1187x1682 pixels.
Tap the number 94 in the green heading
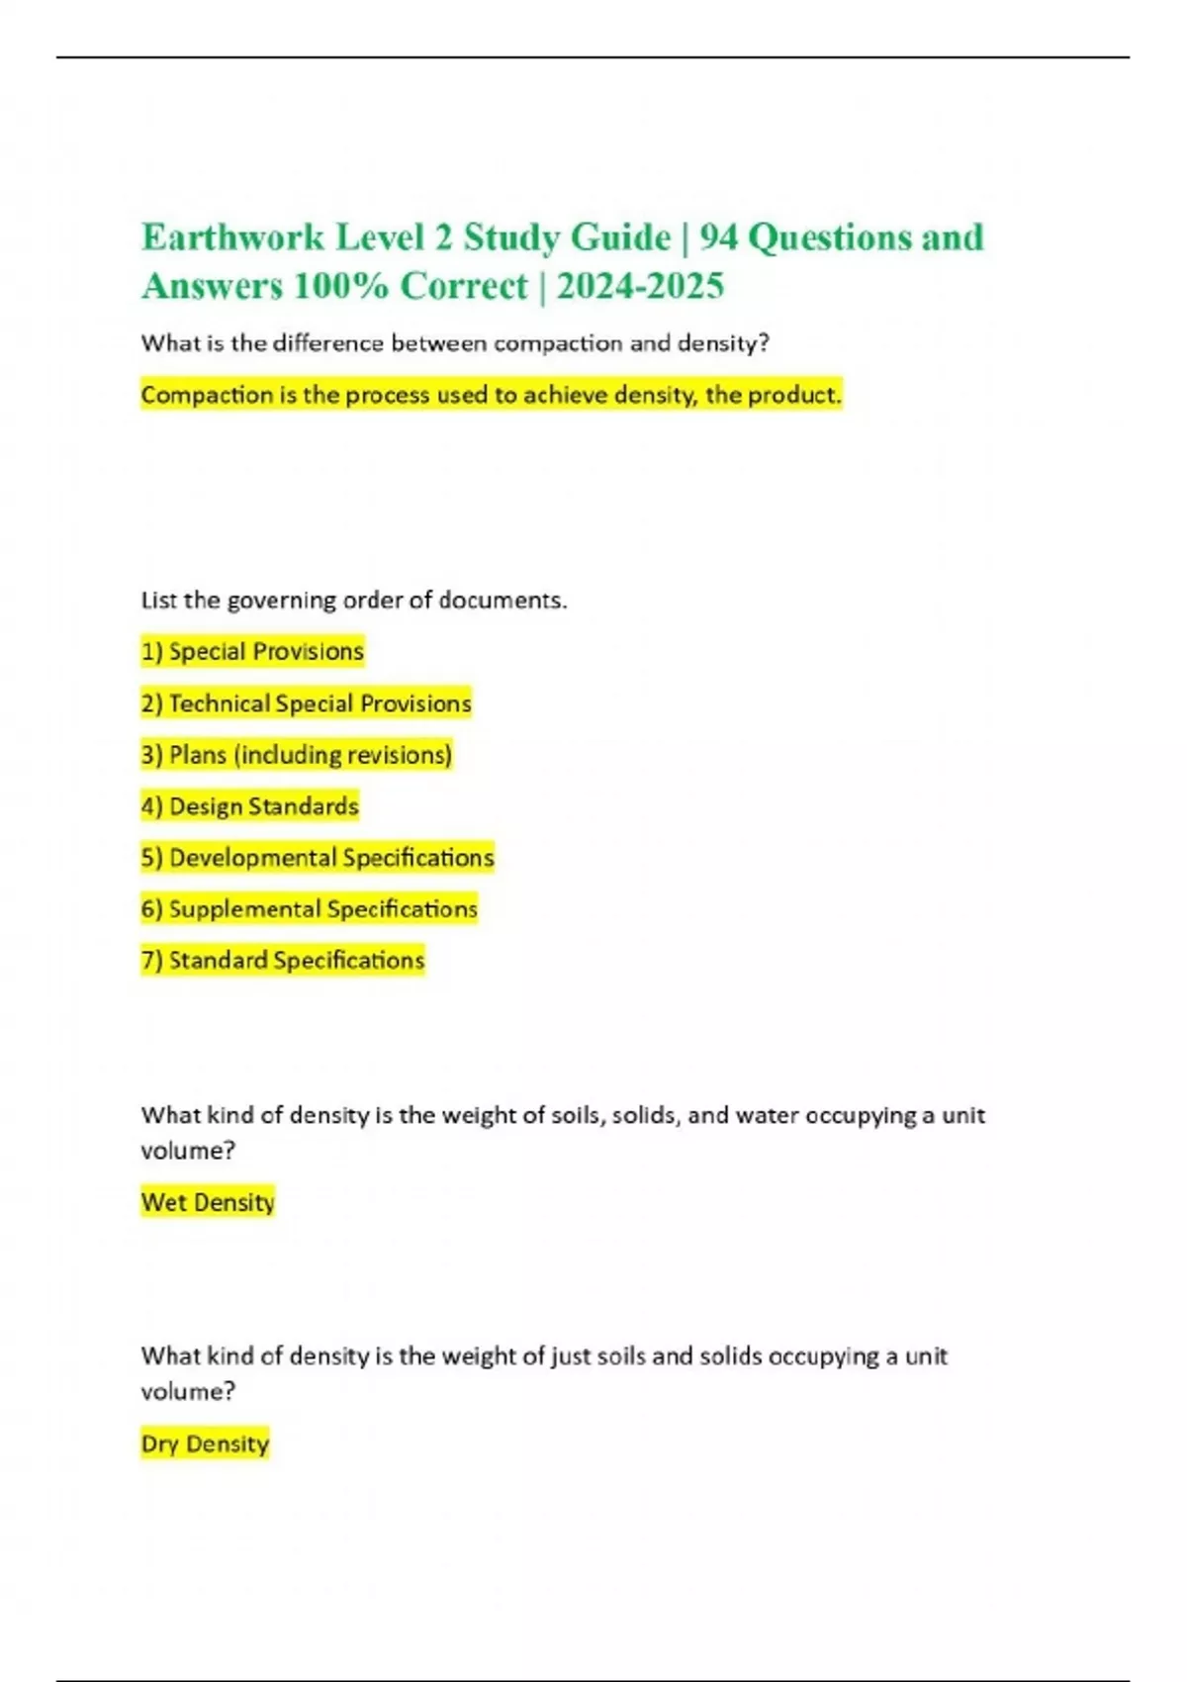pos(717,237)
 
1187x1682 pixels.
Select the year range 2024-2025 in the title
pos(640,286)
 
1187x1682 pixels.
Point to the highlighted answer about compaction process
pos(491,395)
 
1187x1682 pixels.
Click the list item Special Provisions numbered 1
pos(252,651)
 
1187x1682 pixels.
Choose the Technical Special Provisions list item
pos(306,703)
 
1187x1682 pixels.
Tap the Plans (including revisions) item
pos(297,755)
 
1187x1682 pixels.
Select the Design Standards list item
pos(249,806)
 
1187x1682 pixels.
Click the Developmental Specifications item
pos(317,858)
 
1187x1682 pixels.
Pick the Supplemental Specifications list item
pos(309,909)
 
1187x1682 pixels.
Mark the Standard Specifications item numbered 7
pos(282,960)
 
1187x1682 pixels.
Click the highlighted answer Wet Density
pos(208,1202)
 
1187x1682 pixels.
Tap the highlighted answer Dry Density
pos(205,1444)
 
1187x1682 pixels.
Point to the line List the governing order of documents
pos(354,601)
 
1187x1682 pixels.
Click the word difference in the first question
pos(327,343)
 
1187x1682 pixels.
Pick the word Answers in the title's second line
pos(212,286)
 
